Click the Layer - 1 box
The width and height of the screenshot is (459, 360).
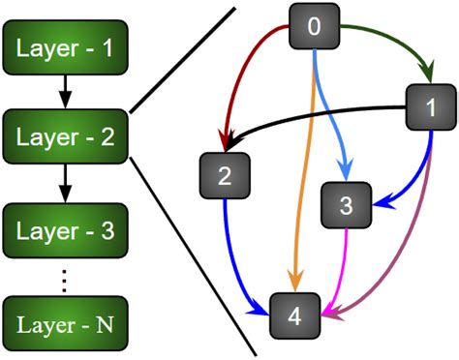(x=63, y=45)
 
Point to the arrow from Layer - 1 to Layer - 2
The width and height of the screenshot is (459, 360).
(x=63, y=90)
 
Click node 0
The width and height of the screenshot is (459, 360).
(x=313, y=26)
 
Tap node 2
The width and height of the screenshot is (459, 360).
(x=225, y=176)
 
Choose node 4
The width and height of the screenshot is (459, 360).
(x=295, y=315)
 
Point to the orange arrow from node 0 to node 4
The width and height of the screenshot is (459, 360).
(x=305, y=174)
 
